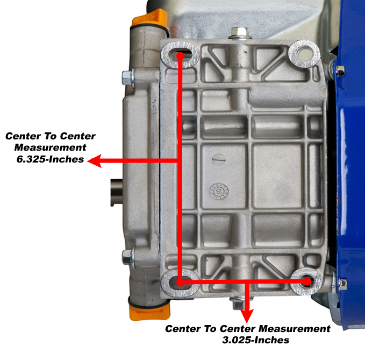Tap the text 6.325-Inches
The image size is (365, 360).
[51, 159]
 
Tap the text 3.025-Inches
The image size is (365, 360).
[255, 340]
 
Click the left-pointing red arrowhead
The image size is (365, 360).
[95, 161]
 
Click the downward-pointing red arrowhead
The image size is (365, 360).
[247, 316]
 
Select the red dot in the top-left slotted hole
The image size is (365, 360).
[180, 56]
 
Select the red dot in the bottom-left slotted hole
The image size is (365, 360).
[180, 283]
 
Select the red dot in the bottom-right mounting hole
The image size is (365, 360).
[307, 282]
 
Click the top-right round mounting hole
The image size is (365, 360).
[304, 54]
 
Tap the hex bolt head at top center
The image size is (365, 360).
[240, 33]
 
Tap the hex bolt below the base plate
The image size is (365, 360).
[238, 304]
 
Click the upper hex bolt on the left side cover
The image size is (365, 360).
[127, 78]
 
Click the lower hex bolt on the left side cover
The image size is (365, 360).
[127, 257]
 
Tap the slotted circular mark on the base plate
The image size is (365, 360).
[219, 159]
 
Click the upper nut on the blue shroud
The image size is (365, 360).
[340, 71]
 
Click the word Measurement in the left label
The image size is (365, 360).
[51, 147]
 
